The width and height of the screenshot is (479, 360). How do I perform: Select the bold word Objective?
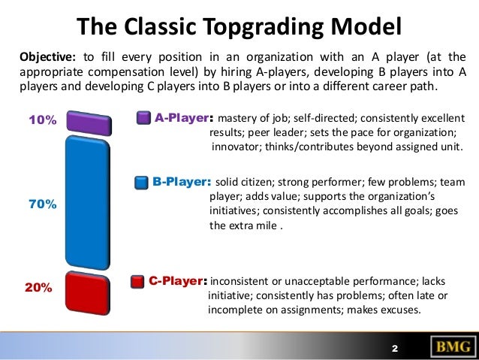(45, 56)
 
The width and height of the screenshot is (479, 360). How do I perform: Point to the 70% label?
(42, 204)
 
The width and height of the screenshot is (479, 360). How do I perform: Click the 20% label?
(39, 287)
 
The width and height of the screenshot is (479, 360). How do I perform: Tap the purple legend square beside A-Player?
(143, 118)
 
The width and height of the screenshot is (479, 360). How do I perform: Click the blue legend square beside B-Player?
(140, 183)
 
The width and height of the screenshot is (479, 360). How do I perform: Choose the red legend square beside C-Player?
(137, 282)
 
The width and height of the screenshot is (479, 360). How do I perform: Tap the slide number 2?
(394, 349)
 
